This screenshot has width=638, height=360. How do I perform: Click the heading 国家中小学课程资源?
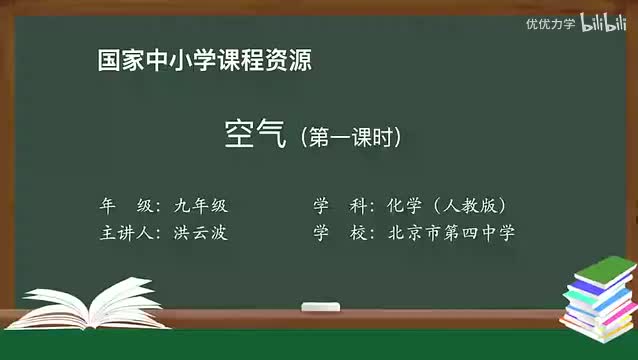pos(205,60)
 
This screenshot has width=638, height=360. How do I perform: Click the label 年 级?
pos(125,206)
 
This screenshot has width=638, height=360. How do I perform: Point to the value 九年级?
pos(201,206)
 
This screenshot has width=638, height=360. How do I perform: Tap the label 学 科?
pos(337,206)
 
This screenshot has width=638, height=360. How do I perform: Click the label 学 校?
pos(337,233)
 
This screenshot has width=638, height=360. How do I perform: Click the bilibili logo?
pos(604,21)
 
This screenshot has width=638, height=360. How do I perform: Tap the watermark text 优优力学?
pos(551,23)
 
